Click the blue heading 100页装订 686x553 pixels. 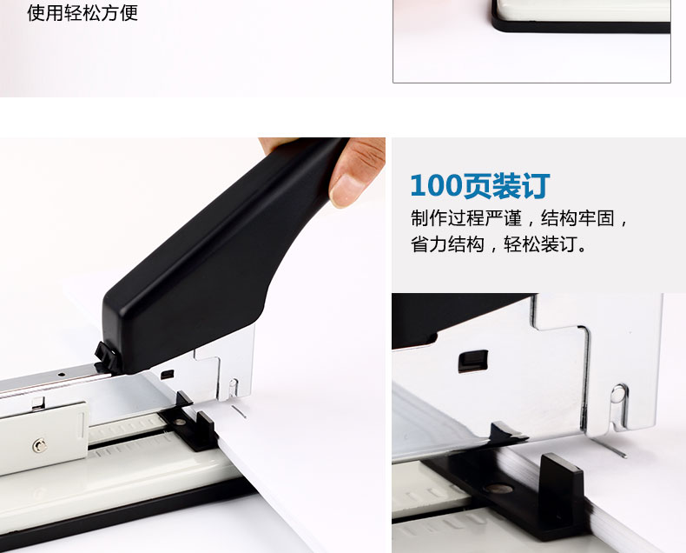(480, 185)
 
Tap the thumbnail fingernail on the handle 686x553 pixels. (346, 190)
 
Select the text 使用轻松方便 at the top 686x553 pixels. (82, 12)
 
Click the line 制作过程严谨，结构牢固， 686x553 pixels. (520, 217)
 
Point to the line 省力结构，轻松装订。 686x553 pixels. (499, 243)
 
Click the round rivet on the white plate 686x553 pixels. (40, 446)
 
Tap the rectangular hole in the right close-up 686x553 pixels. (473, 362)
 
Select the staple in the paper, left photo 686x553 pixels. (239, 411)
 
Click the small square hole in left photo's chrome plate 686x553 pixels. (167, 375)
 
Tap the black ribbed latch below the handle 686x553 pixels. (106, 357)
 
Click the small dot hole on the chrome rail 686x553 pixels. (62, 375)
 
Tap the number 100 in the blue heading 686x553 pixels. (436, 185)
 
